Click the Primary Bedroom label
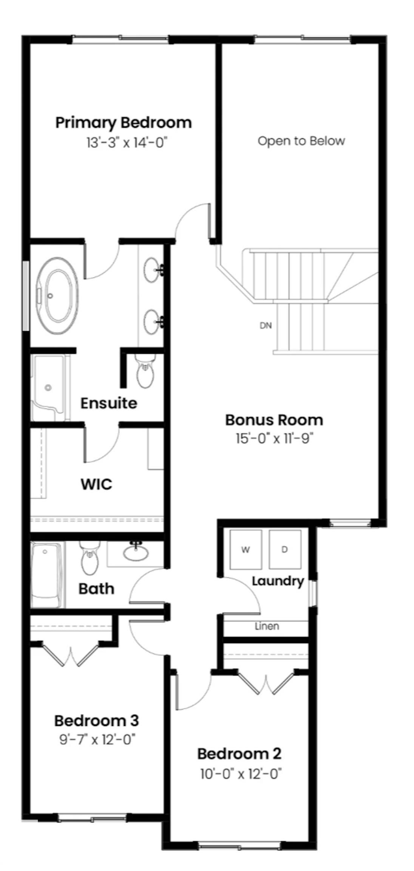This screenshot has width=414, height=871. tap(124, 123)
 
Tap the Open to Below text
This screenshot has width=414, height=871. tap(301, 141)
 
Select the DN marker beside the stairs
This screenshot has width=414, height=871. tap(266, 325)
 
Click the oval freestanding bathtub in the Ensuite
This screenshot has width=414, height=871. tap(57, 296)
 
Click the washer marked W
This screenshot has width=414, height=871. tap(246, 550)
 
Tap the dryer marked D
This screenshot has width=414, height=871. tap(285, 550)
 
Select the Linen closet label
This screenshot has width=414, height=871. tap(267, 626)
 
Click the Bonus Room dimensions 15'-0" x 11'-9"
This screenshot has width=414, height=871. tap(275, 439)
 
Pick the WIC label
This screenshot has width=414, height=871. tap(96, 484)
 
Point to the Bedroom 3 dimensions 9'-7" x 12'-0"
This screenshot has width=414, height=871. tap(97, 739)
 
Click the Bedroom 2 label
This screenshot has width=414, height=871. tap(239, 754)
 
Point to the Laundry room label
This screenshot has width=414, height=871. tap(278, 581)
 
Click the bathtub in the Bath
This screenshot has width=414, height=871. tap(46, 575)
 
